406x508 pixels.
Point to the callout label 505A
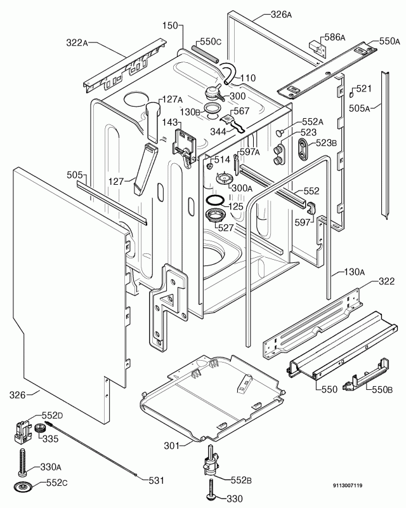[x=359, y=107]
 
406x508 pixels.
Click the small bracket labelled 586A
[x=314, y=46]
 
